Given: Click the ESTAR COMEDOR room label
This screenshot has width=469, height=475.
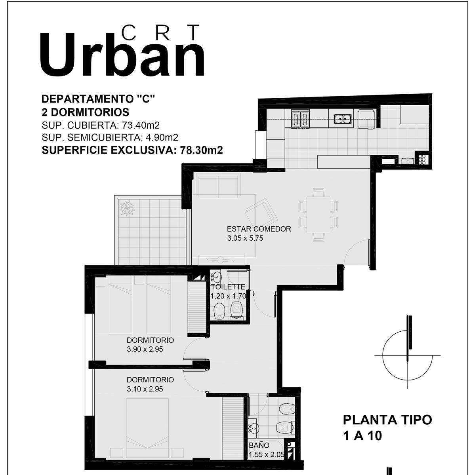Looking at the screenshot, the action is click(x=259, y=229).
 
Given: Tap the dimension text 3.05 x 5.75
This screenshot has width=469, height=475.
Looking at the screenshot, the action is click(x=245, y=238).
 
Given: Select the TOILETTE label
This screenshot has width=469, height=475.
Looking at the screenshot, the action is click(x=228, y=287).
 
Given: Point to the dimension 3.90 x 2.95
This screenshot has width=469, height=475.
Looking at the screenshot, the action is click(x=145, y=349).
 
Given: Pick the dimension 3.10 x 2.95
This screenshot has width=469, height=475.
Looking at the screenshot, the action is click(x=145, y=389).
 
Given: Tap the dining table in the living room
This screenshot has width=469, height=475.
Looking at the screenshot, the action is click(x=318, y=215).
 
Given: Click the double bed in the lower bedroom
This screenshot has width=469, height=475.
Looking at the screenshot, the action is click(x=147, y=428).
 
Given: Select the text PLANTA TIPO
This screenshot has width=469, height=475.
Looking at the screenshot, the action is click(x=387, y=420).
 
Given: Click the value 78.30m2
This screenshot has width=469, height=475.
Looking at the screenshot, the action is click(x=201, y=150).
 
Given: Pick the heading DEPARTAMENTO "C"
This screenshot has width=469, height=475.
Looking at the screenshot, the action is click(x=98, y=99).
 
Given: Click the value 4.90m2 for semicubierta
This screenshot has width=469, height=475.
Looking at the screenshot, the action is click(x=162, y=137).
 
